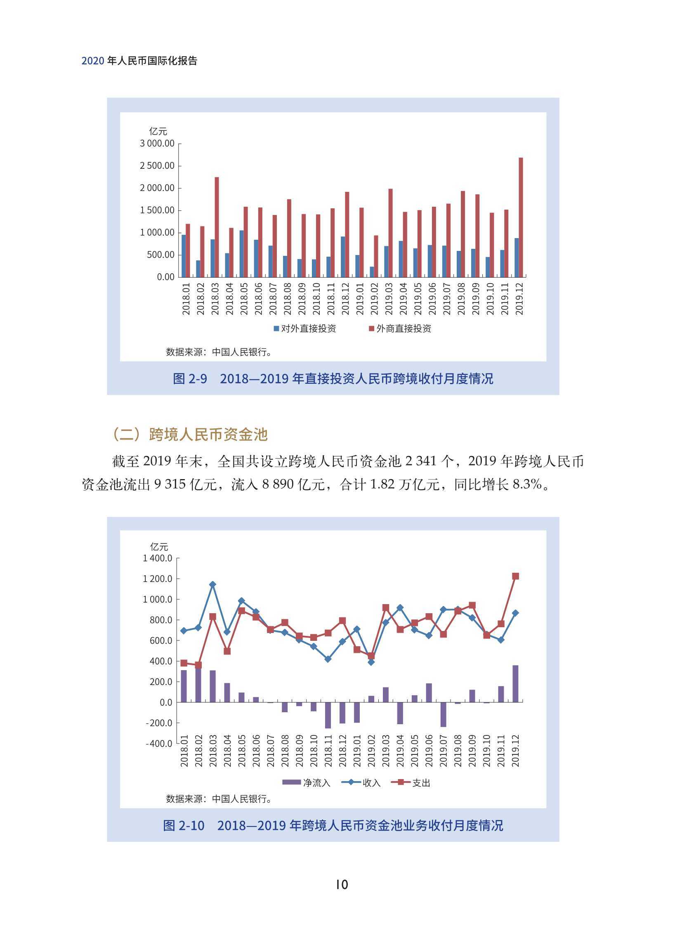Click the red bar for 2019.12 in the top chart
click(x=521, y=217)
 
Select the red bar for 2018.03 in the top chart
click(x=217, y=227)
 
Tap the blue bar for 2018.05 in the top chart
click(x=241, y=254)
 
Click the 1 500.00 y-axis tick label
click(x=157, y=210)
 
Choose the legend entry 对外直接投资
click(x=305, y=328)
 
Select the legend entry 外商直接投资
click(x=400, y=328)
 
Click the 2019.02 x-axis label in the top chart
click(x=374, y=298)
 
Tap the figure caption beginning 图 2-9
click(x=333, y=378)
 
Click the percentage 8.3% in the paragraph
click(x=527, y=484)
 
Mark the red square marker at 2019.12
click(x=515, y=576)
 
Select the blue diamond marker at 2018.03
click(x=212, y=585)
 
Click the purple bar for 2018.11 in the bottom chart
click(x=328, y=716)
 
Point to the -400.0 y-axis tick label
click(x=159, y=744)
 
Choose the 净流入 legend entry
click(x=306, y=782)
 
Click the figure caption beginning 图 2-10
click(x=333, y=825)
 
